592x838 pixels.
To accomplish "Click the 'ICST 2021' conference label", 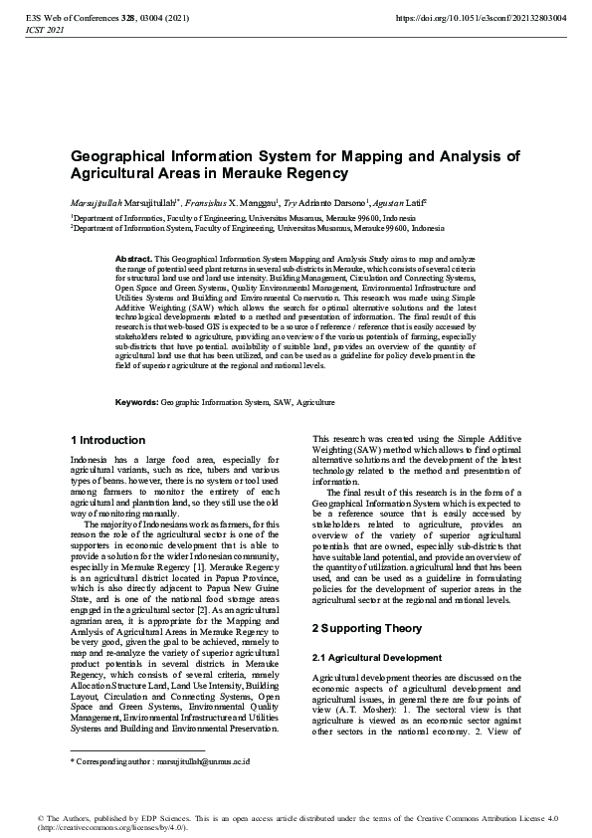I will pyautogui.click(x=41, y=31).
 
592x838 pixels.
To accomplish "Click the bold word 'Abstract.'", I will pyautogui.click(x=133, y=258).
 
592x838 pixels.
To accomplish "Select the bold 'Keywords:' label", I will pyautogui.click(x=137, y=402).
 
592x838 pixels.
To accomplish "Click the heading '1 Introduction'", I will pyautogui.click(x=108, y=440).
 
